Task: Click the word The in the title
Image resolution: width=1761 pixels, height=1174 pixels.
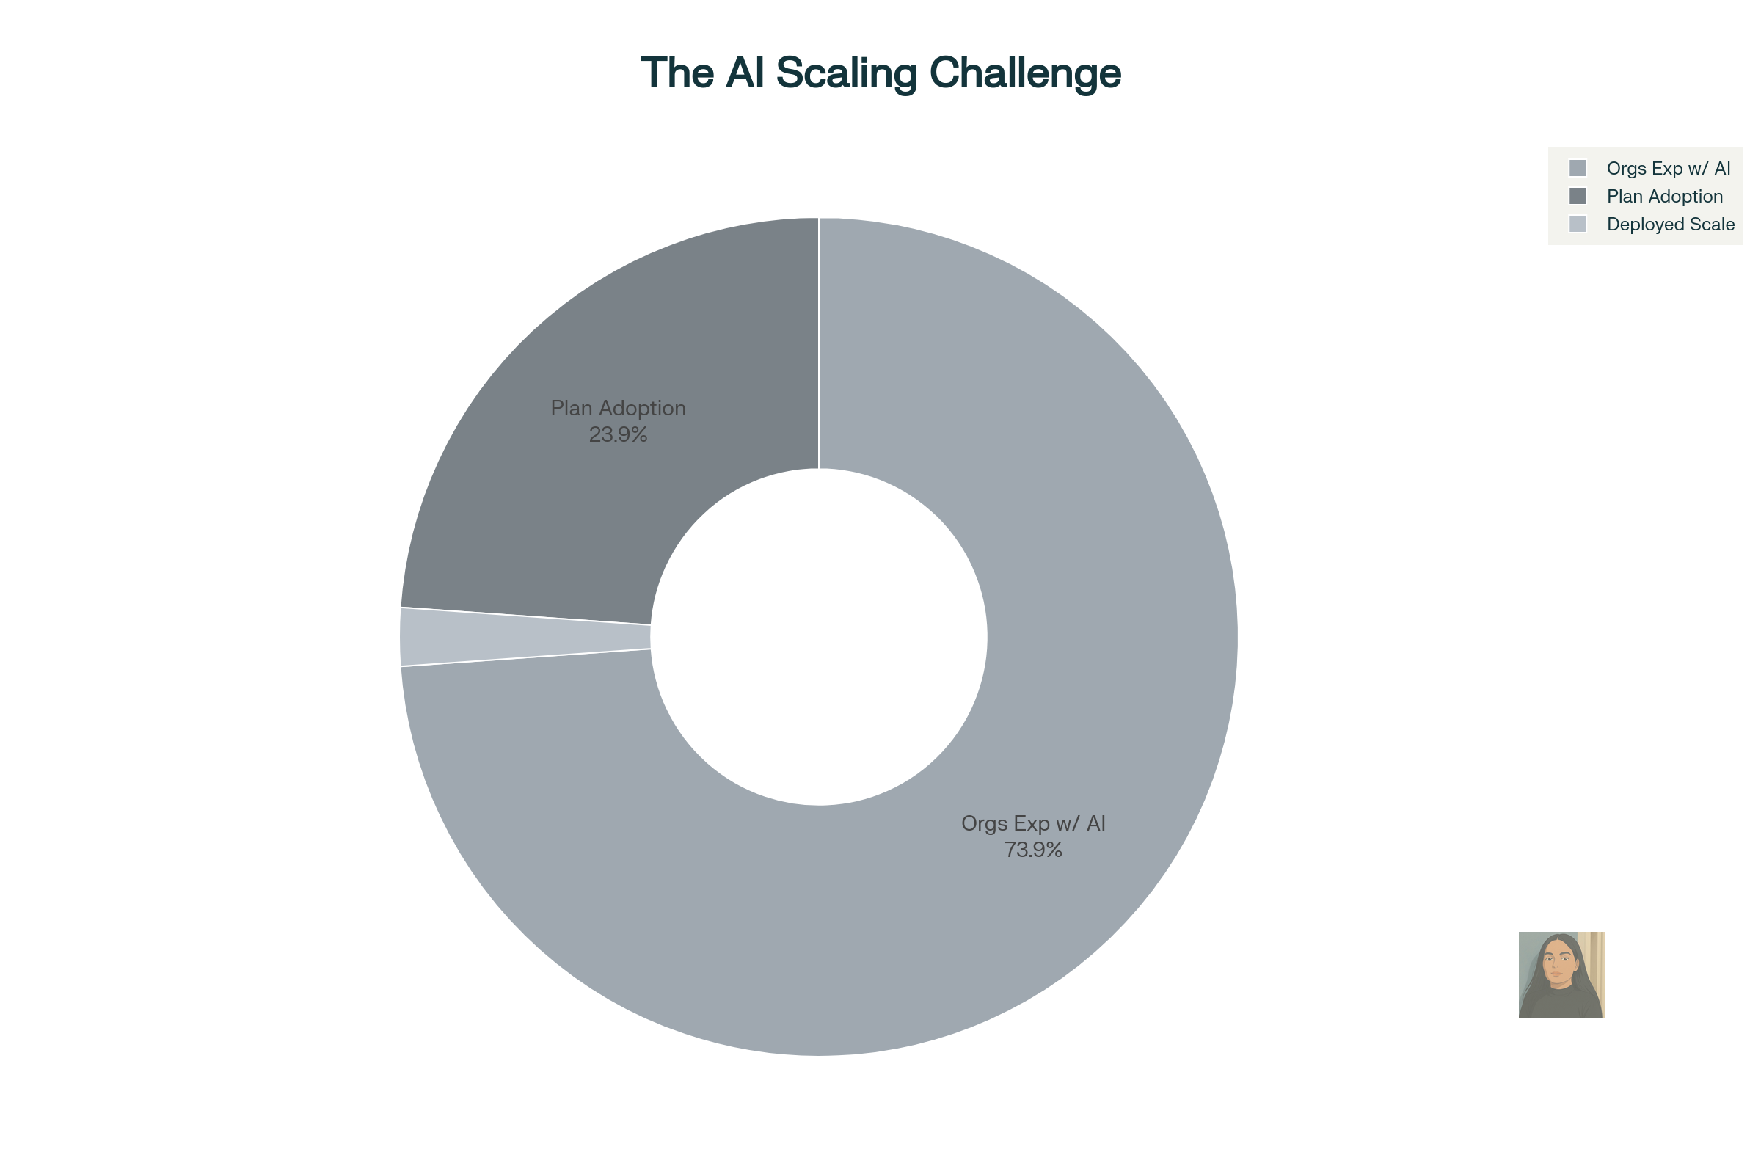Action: (x=677, y=73)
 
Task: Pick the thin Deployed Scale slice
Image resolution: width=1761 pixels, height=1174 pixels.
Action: (x=524, y=636)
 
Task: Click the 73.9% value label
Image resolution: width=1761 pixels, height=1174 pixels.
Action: (x=1033, y=850)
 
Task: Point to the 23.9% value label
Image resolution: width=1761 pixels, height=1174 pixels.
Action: (x=618, y=434)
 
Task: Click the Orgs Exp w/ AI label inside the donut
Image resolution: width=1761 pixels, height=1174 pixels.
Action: (x=1033, y=823)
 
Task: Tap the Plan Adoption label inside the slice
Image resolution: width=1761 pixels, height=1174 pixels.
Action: (x=618, y=408)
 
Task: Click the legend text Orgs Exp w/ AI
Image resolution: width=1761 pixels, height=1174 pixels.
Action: (x=1669, y=169)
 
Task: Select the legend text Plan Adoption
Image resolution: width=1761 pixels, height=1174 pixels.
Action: (x=1664, y=196)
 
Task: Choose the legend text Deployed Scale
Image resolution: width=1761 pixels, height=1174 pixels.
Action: (x=1671, y=225)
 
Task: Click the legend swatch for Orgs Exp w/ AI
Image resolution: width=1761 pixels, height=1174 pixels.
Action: (x=1578, y=168)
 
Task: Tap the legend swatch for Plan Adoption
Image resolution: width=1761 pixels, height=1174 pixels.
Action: (x=1578, y=196)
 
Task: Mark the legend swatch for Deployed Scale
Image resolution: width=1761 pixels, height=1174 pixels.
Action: (x=1578, y=224)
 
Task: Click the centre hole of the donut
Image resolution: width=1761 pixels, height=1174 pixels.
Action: (x=819, y=636)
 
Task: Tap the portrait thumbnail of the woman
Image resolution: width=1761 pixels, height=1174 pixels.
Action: (x=1561, y=975)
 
